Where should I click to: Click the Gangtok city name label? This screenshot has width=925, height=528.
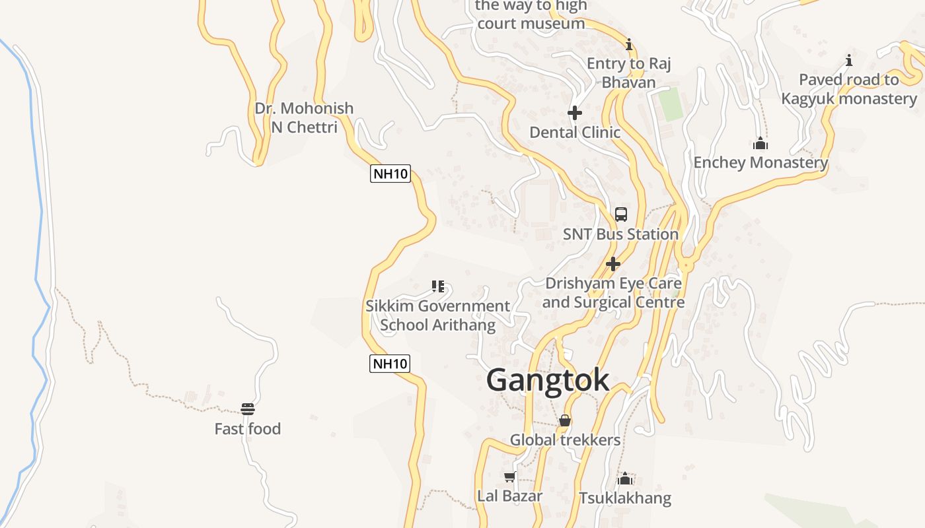pyautogui.click(x=548, y=380)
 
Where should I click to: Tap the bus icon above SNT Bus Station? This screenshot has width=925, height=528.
pyautogui.click(x=621, y=214)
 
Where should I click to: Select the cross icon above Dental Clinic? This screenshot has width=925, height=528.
pyautogui.click(x=575, y=113)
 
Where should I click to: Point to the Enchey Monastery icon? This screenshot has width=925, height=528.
pyautogui.click(x=760, y=143)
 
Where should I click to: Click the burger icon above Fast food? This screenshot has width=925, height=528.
pyautogui.click(x=248, y=409)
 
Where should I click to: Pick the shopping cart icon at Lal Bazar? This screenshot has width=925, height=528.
pyautogui.click(x=509, y=477)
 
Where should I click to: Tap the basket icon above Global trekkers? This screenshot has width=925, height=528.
pyautogui.click(x=565, y=420)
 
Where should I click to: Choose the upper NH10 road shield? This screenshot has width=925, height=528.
pyautogui.click(x=390, y=174)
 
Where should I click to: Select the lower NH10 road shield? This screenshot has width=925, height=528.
pyautogui.click(x=390, y=363)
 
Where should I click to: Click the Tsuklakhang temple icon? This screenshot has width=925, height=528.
pyautogui.click(x=625, y=478)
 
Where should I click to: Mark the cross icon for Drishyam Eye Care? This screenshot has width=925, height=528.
pyautogui.click(x=613, y=264)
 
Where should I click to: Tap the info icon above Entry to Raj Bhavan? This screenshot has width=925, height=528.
pyautogui.click(x=629, y=45)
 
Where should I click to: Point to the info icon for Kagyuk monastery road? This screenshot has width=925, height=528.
pyautogui.click(x=849, y=61)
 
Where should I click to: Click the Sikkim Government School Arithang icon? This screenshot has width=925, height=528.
pyautogui.click(x=438, y=286)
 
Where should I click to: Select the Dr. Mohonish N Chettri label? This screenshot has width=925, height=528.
pyautogui.click(x=304, y=117)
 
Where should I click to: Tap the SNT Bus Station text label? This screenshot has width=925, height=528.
pyautogui.click(x=620, y=234)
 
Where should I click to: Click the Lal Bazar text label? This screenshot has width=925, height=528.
pyautogui.click(x=509, y=496)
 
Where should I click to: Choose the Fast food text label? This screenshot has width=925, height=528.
pyautogui.click(x=248, y=429)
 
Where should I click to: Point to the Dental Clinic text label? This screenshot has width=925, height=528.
pyautogui.click(x=575, y=132)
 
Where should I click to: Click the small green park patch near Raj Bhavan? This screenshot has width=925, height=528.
pyautogui.click(x=672, y=104)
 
